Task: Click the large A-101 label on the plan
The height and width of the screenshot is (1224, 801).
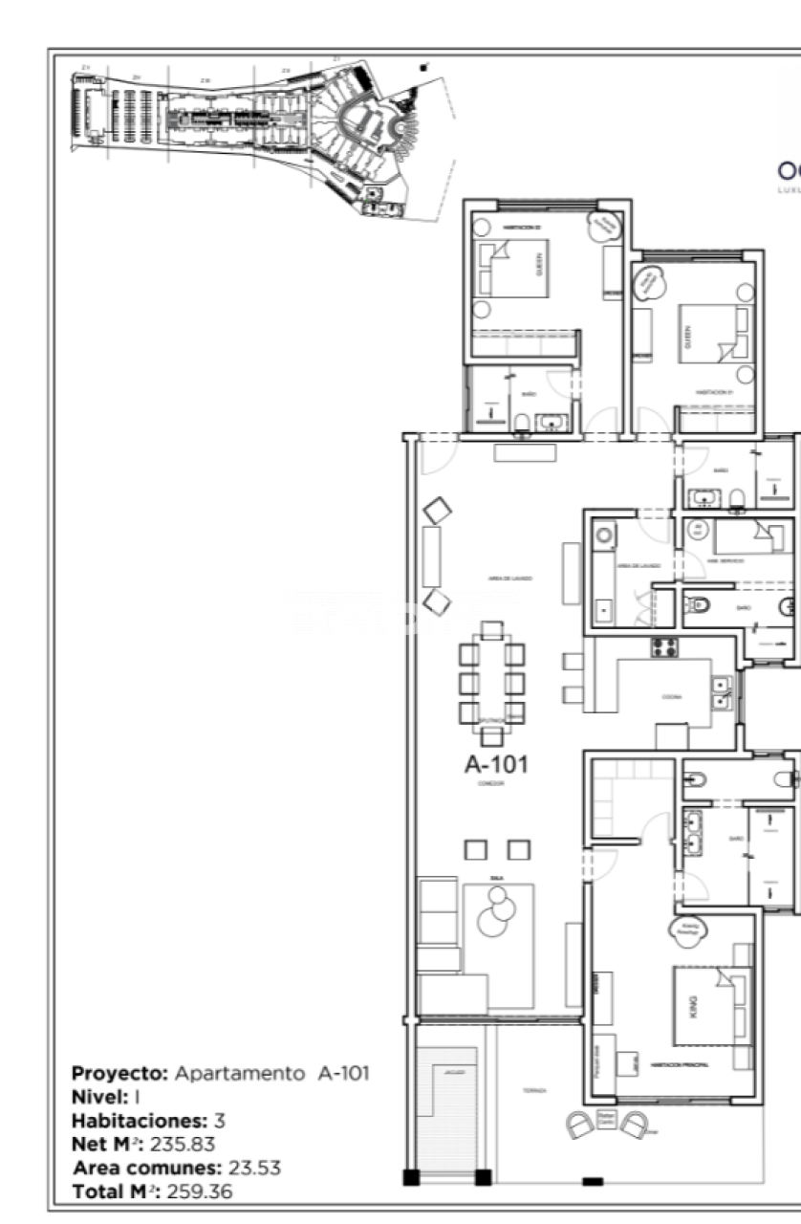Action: click(495, 764)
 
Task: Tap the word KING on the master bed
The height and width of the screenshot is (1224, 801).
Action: click(694, 1006)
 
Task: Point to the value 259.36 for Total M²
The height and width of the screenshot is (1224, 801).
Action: click(199, 1192)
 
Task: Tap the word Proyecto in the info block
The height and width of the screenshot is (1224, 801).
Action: click(119, 1073)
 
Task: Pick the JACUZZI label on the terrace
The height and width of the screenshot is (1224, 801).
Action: click(453, 1073)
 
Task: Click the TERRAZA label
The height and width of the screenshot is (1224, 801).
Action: click(534, 1090)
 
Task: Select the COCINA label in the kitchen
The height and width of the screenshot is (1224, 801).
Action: click(672, 697)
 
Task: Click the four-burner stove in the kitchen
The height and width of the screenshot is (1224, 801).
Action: click(664, 647)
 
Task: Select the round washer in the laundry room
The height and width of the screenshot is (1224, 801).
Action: click(603, 536)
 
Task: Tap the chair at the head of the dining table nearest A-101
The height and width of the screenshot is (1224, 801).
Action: click(491, 735)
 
